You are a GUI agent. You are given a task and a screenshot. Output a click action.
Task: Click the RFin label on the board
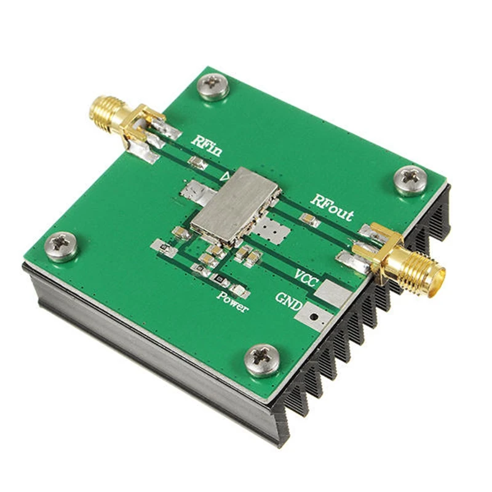click(207, 145)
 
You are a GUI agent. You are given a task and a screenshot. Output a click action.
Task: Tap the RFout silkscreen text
click(331, 208)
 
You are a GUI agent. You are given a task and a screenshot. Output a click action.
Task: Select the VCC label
click(306, 278)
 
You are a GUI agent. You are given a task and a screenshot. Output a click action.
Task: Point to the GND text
click(289, 301)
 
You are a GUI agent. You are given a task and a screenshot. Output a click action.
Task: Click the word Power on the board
click(232, 302)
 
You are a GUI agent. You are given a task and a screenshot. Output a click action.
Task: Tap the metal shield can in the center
click(235, 206)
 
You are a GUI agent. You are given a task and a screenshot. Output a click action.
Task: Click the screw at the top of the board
click(213, 86)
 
